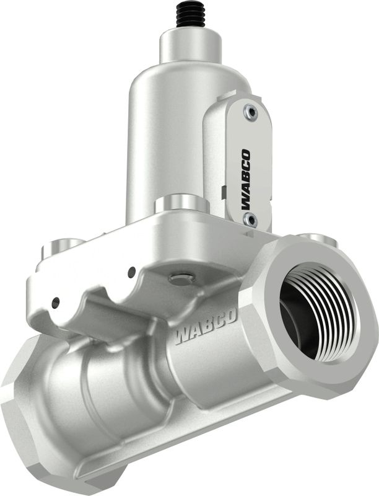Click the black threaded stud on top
[x=191, y=14]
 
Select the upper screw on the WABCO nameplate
[x=251, y=112]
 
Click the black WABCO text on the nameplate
[x=246, y=179]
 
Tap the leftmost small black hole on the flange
[x=56, y=303]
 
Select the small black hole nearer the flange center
[x=132, y=272]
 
